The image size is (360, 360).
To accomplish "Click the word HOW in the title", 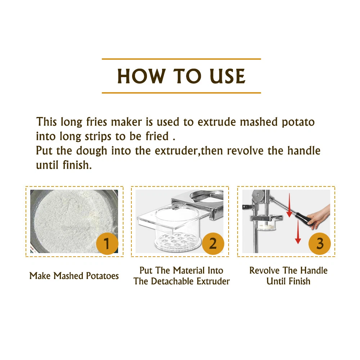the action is click(x=141, y=76).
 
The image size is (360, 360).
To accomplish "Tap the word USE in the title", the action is click(x=227, y=76).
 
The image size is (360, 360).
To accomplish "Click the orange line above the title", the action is click(x=181, y=59).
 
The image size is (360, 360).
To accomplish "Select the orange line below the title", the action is click(x=181, y=93).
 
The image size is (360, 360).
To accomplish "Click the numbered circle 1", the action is click(x=107, y=243).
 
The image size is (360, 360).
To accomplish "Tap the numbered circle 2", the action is click(x=213, y=243).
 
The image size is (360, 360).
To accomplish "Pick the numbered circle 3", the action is click(x=320, y=243).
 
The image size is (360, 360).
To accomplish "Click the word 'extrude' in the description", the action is click(x=216, y=122).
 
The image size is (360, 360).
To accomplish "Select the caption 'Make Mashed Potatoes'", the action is click(x=74, y=276).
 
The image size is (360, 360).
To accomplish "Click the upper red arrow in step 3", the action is click(x=289, y=205).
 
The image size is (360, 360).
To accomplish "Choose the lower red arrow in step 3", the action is click(x=298, y=232).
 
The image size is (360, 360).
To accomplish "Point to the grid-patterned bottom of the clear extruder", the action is click(x=177, y=242).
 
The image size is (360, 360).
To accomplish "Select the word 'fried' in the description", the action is click(x=157, y=136).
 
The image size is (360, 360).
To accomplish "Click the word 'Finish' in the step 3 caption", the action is click(x=300, y=281).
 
